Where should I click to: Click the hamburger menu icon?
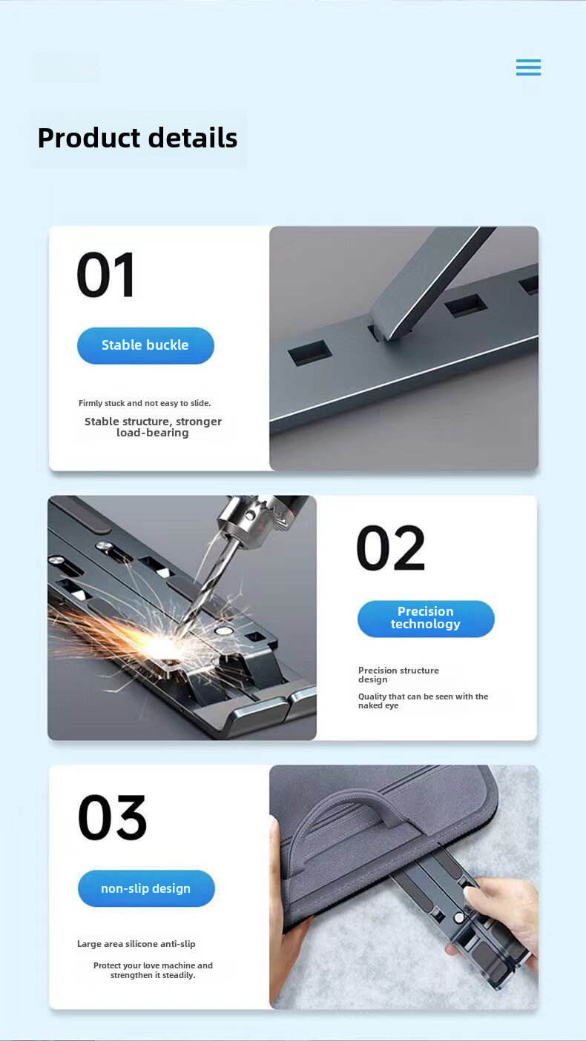click(528, 67)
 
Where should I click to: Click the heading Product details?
click(138, 138)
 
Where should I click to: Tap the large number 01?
click(106, 275)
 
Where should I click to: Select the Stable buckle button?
click(145, 345)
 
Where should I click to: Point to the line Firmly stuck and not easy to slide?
click(145, 403)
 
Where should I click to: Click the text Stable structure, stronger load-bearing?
click(153, 427)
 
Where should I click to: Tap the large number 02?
click(391, 548)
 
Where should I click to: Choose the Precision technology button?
click(426, 619)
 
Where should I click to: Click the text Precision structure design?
click(398, 675)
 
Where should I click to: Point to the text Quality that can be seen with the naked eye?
click(424, 701)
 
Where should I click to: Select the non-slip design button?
click(146, 888)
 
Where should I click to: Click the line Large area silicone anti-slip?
click(136, 944)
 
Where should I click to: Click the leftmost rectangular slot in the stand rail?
click(310, 352)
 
